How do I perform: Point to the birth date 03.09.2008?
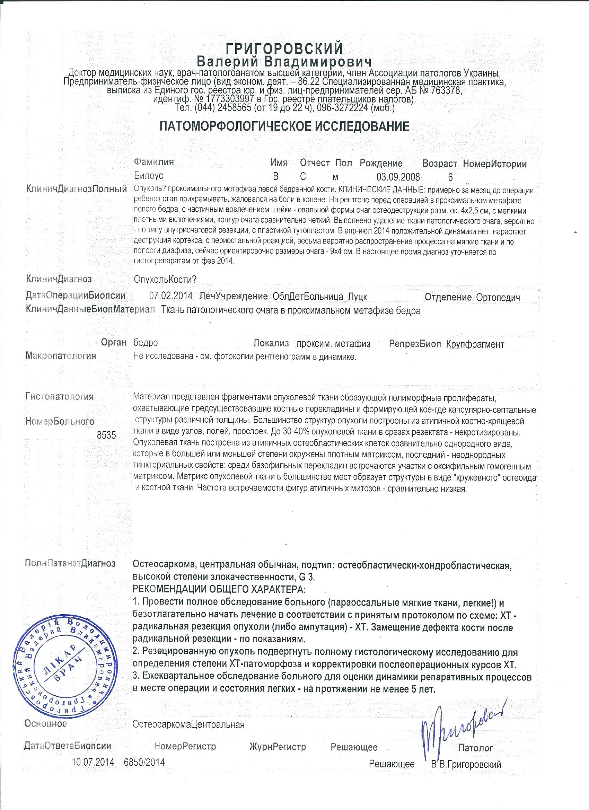[398, 177]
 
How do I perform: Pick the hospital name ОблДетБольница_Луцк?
[320, 297]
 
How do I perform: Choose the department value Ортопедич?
[498, 297]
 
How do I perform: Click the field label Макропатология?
[61, 356]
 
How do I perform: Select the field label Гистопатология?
[60, 396]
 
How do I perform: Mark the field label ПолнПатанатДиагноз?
[70, 564]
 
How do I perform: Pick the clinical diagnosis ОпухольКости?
[165, 279]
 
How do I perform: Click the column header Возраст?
[439, 164]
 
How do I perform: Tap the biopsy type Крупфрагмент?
[475, 344]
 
